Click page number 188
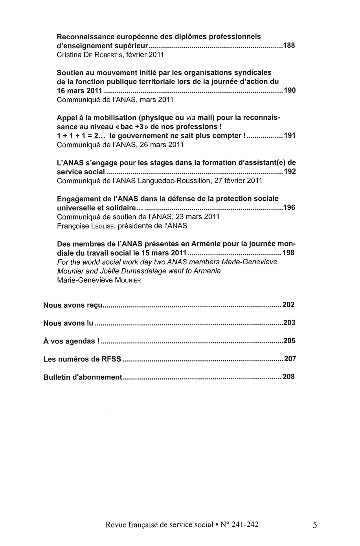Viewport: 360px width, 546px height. pos(289,46)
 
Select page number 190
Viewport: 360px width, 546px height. pos(289,90)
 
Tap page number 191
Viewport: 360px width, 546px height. pos(289,136)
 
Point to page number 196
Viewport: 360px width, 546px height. pos(289,208)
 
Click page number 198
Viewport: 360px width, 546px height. pos(288,253)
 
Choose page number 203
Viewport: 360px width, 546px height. pos(289,323)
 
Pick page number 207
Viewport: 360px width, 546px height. pos(290,359)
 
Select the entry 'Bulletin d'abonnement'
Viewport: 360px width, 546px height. pos(83,377)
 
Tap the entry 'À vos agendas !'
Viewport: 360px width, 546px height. pos(69,341)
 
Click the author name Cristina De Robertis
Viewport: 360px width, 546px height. pos(91,55)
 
